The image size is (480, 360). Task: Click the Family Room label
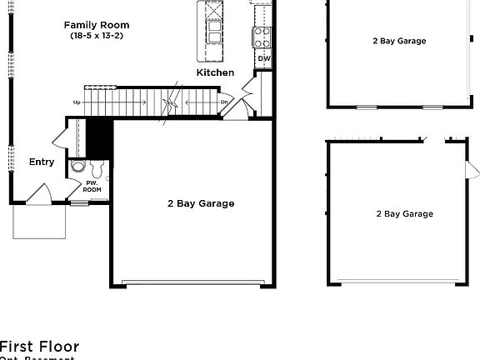coord(97,25)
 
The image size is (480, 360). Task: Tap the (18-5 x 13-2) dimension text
coord(97,36)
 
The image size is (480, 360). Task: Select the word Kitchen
coord(215,73)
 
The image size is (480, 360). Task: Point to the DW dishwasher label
coord(263,58)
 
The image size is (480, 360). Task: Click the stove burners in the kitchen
coord(262,36)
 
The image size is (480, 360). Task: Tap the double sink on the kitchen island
coord(214,32)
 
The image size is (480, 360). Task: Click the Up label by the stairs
coord(77,102)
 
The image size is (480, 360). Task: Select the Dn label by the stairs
coord(224,102)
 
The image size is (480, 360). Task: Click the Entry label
coord(42,162)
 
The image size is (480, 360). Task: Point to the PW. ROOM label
coord(92,186)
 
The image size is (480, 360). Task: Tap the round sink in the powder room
coord(77,167)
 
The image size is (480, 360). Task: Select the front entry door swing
coord(38,193)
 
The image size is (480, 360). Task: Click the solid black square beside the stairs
coord(100,137)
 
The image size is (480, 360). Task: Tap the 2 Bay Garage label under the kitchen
coord(201,203)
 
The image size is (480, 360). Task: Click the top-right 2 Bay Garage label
coord(399,41)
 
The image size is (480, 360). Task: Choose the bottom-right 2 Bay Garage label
coord(404,214)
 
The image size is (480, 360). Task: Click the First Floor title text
coord(39,347)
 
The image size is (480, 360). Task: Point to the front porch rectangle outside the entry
coord(38,221)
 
